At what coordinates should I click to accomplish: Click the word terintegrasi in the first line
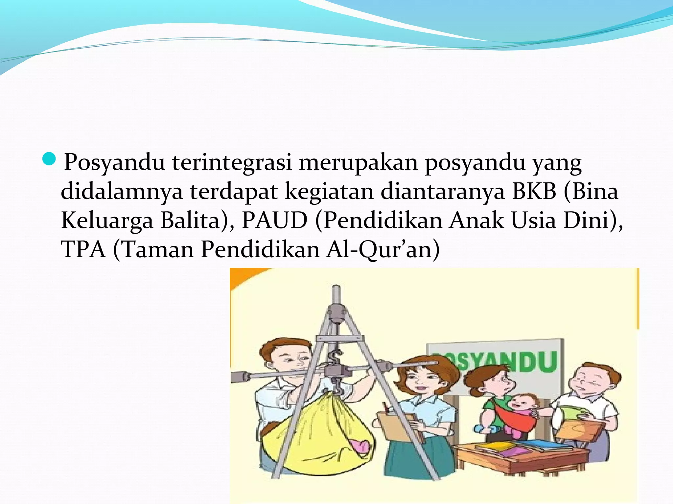[232, 162]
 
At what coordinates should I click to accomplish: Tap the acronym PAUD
[275, 220]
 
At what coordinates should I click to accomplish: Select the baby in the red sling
[522, 410]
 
